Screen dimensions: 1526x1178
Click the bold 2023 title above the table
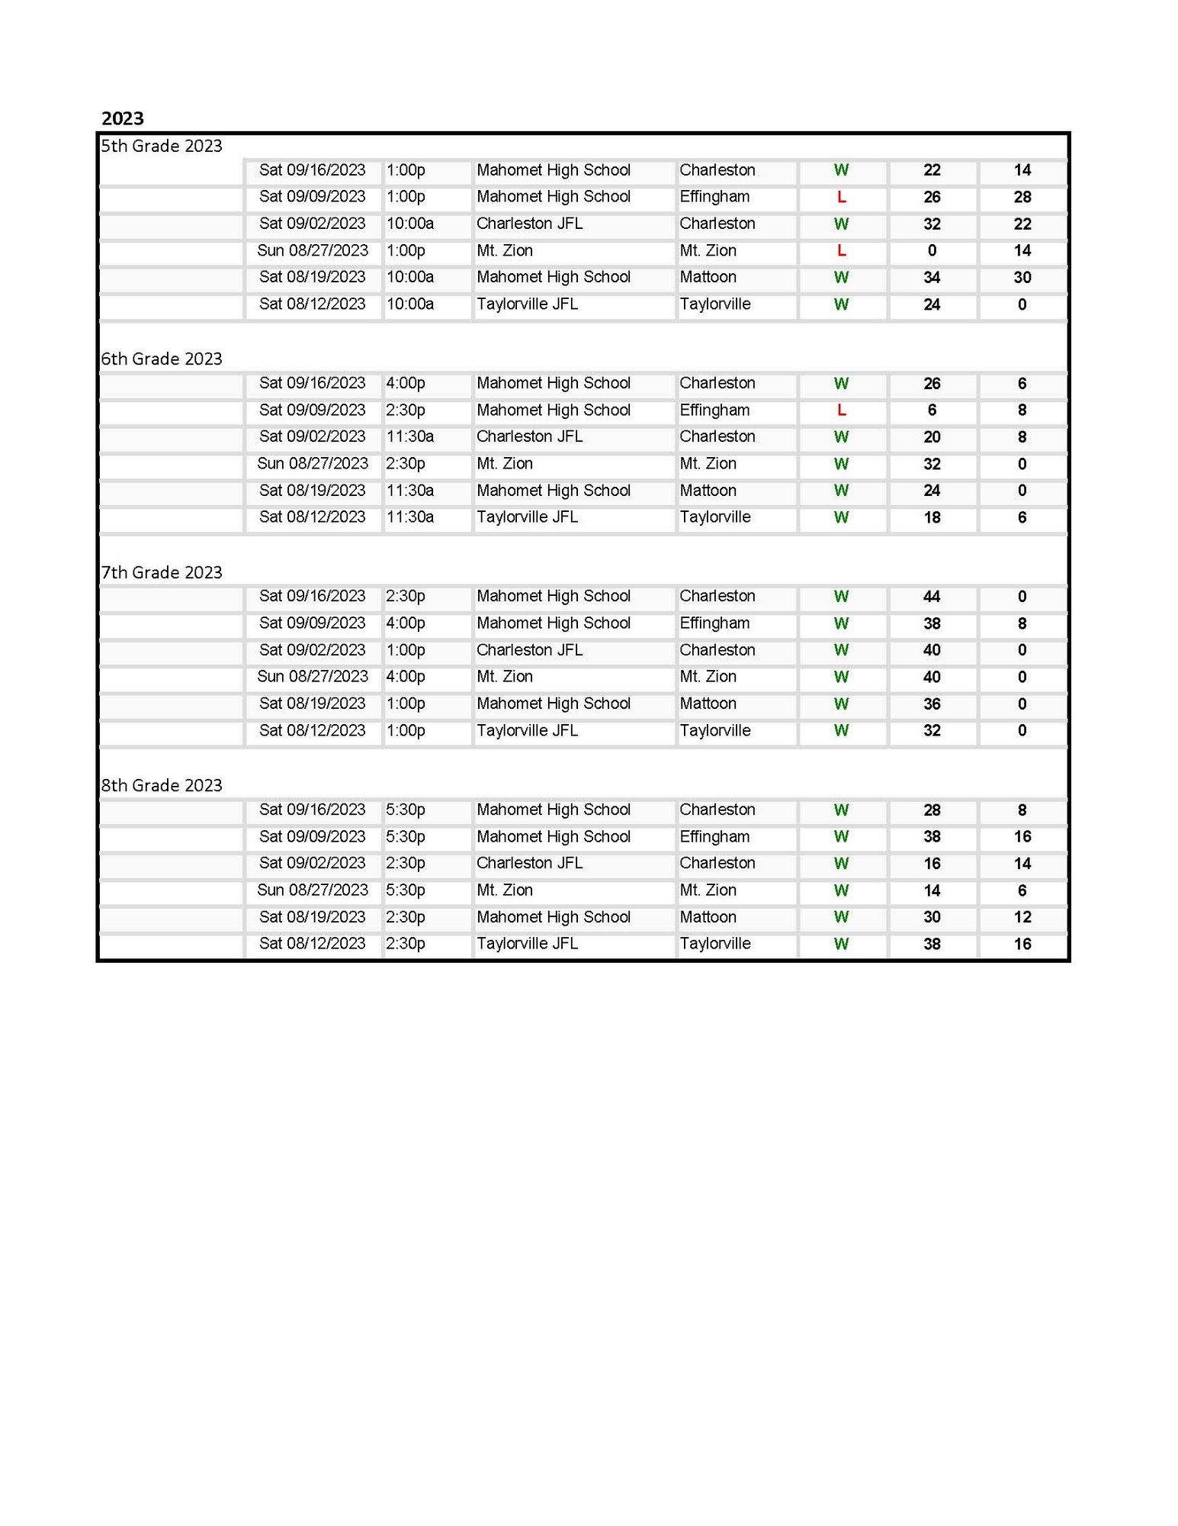tap(123, 118)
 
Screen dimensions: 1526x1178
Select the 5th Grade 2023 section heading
tap(162, 146)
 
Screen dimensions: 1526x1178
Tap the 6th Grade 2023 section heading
tap(162, 359)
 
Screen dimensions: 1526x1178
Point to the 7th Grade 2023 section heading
tap(162, 572)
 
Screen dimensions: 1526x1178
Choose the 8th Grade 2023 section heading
tap(162, 785)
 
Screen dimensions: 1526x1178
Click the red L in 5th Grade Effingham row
tap(841, 197)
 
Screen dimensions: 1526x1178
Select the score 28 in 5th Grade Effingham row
tap(1022, 197)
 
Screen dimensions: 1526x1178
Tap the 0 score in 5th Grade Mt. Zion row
tap(932, 250)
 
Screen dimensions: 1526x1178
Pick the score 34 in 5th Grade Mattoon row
tap(932, 277)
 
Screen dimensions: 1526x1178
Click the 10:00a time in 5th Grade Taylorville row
tap(410, 304)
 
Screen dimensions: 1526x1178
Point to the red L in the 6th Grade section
tap(841, 410)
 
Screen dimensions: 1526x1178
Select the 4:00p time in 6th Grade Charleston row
tap(406, 383)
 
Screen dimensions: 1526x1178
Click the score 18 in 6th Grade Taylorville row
tap(932, 517)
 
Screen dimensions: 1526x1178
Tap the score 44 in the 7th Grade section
tap(932, 596)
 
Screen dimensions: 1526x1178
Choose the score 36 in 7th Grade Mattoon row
tap(932, 703)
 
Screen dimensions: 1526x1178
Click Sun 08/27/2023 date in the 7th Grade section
tap(313, 676)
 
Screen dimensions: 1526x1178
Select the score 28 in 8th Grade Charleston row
tap(932, 810)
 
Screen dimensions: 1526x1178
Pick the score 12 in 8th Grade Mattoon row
tap(1022, 917)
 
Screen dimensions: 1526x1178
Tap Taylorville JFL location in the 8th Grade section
tap(527, 943)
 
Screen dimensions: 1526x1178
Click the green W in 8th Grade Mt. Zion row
tap(841, 890)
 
